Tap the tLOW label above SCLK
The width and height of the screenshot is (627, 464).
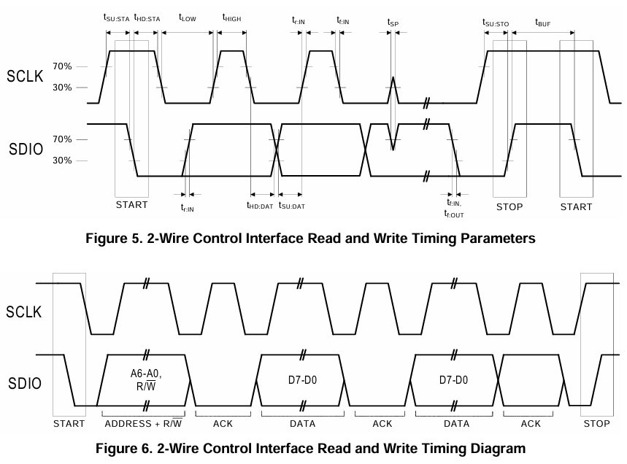(188, 18)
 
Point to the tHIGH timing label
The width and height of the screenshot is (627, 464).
(231, 18)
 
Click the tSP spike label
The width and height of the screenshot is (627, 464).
(393, 23)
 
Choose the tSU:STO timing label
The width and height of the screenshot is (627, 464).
(496, 23)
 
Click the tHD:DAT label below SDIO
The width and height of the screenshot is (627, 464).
(261, 206)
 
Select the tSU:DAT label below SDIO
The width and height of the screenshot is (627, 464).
(292, 206)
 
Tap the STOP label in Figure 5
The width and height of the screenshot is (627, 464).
(509, 207)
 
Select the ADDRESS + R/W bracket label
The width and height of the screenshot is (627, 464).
(144, 424)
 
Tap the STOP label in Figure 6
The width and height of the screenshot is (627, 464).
(596, 424)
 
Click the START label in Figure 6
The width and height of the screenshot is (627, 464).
(69, 424)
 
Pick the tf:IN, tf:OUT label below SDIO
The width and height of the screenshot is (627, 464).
(454, 209)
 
